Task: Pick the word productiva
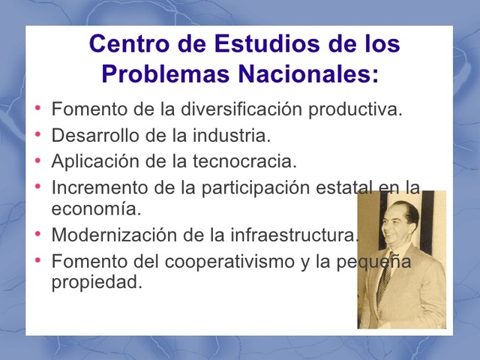[x=356, y=109]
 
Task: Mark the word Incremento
[x=94, y=187]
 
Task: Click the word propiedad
[x=96, y=283]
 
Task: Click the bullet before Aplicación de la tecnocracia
[x=38, y=159]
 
